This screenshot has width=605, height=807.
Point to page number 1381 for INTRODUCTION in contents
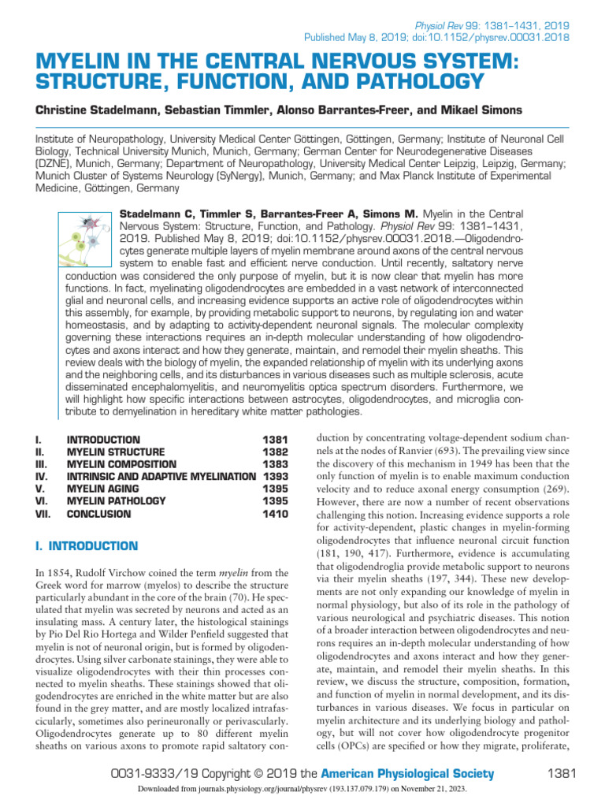click(x=275, y=439)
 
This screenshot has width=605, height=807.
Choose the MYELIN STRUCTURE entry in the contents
click(x=116, y=452)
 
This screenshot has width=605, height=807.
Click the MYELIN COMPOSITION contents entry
click(x=122, y=464)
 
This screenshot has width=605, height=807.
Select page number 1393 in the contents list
click(x=275, y=477)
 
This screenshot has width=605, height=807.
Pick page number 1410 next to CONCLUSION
click(x=275, y=514)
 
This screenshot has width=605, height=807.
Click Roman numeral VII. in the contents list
click(x=44, y=514)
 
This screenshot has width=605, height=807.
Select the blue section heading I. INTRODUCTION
click(x=87, y=545)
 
